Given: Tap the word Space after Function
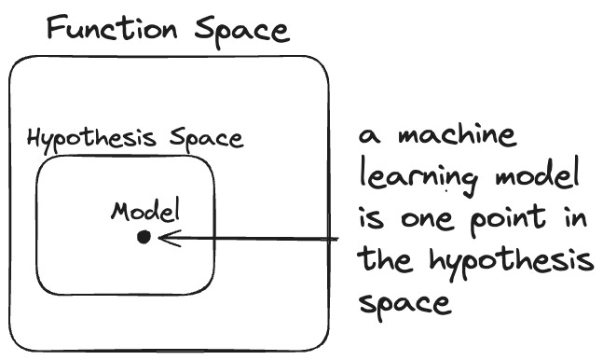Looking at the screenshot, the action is (x=241, y=30).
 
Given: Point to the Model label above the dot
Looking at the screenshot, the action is (x=144, y=210).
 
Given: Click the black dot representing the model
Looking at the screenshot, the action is (x=144, y=238).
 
